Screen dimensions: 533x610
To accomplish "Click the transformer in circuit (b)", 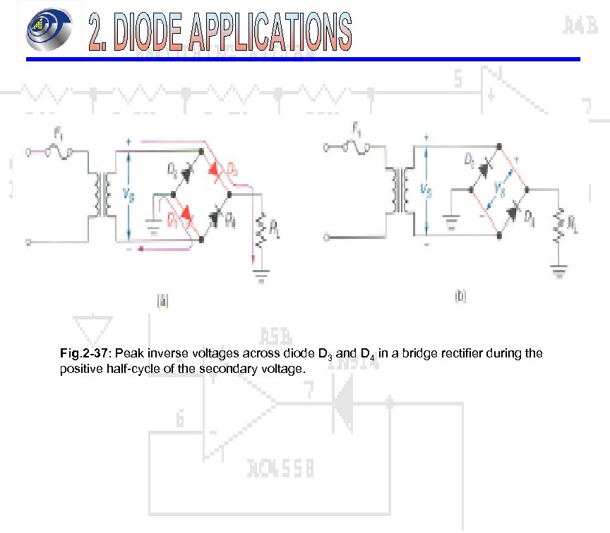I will pyautogui.click(x=403, y=190).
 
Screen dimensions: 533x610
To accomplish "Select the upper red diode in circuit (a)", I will pyautogui.click(x=215, y=169).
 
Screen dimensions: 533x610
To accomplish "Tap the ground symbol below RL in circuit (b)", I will pyautogui.click(x=558, y=269).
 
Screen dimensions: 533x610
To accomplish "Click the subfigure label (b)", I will pyautogui.click(x=460, y=297).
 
